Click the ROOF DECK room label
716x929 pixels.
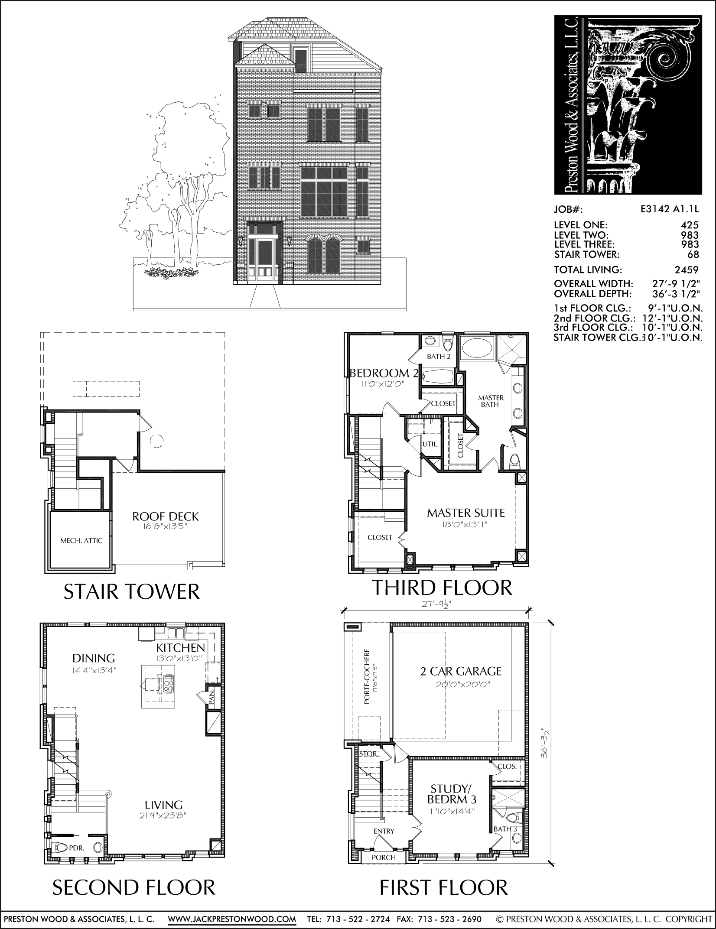(165, 516)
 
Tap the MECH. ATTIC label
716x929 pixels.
(81, 541)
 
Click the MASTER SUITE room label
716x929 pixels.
(466, 513)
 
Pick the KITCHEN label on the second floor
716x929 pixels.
(180, 648)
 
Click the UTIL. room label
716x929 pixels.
(431, 444)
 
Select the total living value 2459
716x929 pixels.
(687, 270)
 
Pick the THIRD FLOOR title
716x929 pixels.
(442, 588)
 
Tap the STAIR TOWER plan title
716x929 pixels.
(132, 591)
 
